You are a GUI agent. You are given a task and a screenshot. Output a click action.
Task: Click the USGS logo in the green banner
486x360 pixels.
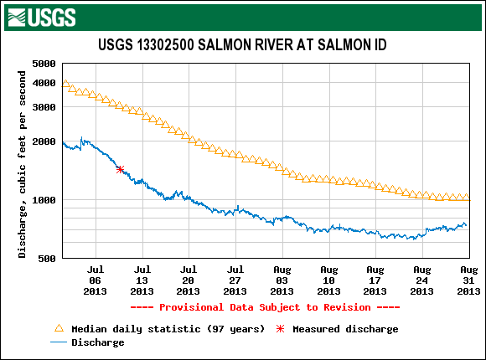[42, 18]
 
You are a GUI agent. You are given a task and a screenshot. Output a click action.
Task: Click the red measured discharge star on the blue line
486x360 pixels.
[121, 169]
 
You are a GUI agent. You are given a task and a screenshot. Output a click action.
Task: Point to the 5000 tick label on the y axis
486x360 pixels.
[44, 64]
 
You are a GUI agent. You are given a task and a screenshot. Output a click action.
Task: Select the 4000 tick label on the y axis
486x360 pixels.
[44, 83]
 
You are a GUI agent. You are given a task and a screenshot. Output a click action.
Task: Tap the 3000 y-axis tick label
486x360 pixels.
[44, 107]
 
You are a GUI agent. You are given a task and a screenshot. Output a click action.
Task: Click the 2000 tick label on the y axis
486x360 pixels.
[44, 141]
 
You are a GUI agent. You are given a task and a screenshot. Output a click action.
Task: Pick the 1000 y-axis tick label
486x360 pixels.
[44, 200]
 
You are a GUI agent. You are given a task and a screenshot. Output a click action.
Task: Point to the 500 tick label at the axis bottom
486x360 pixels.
[47, 259]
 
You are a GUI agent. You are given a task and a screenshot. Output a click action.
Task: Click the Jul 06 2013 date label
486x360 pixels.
[96, 280]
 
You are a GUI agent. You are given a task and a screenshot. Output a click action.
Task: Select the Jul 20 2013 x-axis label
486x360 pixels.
[189, 280]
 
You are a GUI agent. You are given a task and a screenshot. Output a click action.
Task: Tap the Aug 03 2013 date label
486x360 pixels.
[282, 280]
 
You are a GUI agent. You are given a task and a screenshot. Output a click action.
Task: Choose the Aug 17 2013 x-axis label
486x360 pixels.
[375, 280]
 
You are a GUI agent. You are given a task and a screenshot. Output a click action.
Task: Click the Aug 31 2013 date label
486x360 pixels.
[468, 280]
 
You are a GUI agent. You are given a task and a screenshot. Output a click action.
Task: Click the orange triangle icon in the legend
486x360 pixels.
[59, 328]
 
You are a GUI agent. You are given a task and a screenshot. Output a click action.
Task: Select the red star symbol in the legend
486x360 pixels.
[280, 329]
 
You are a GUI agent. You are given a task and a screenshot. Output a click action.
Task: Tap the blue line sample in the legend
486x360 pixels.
[59, 342]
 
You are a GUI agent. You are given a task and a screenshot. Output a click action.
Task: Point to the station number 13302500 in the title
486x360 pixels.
[165, 45]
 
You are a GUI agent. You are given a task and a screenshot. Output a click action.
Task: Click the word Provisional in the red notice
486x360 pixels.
[191, 307]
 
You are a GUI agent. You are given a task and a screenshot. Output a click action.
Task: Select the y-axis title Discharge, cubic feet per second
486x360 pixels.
[22, 164]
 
